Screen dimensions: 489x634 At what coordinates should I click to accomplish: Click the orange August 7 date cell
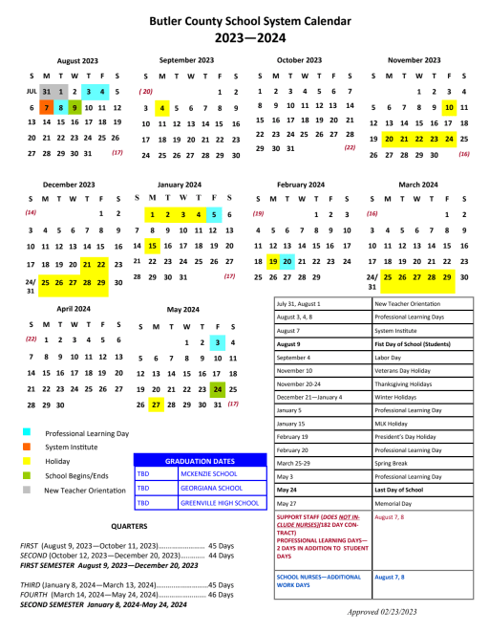click(46, 108)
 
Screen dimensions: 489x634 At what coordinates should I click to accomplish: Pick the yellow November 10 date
click(449, 107)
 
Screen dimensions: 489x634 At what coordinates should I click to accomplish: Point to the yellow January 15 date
click(152, 245)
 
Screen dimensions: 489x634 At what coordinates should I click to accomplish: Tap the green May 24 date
click(218, 389)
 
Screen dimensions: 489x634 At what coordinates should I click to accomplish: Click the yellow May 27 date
click(156, 404)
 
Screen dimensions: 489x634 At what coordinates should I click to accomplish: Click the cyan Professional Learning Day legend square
click(26, 433)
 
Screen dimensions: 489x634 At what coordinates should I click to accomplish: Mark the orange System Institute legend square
click(26, 447)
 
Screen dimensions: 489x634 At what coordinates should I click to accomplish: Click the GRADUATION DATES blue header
click(200, 460)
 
